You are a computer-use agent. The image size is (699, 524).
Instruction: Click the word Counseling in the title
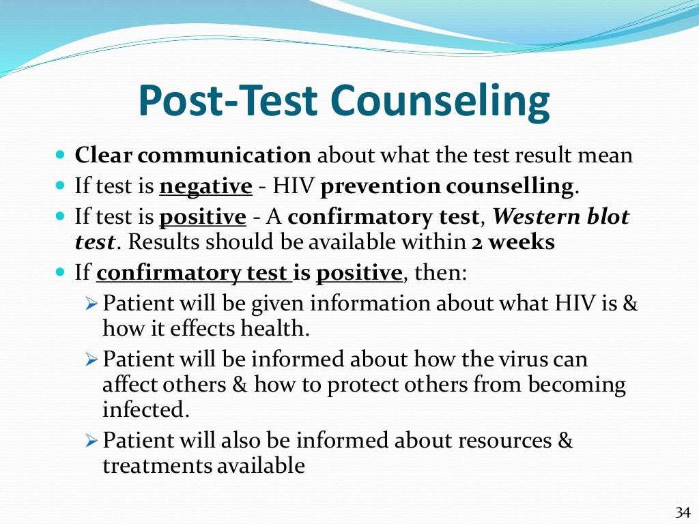coord(441,101)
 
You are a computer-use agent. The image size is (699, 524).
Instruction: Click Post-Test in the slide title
coord(229,101)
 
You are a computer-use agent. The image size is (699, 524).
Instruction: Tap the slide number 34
coord(683,512)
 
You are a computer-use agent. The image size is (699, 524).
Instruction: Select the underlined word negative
coord(205,186)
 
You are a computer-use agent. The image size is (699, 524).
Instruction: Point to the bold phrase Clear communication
coord(192,156)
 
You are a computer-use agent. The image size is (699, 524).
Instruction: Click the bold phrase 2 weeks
coord(513,243)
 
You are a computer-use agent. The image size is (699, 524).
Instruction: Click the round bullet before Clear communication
coord(59,156)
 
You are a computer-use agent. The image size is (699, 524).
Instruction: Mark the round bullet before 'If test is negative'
coord(59,186)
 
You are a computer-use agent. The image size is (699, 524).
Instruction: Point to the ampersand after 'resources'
coord(565,441)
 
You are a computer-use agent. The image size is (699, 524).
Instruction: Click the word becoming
coord(580,385)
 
